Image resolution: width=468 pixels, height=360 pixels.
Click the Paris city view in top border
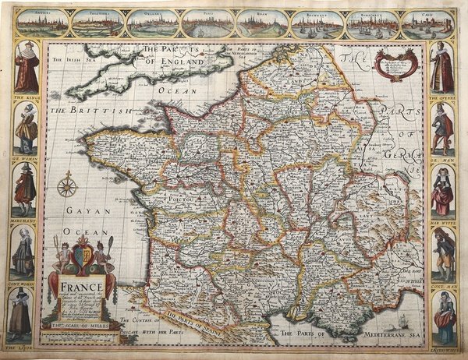207,23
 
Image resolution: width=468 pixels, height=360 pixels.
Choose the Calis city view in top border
427,23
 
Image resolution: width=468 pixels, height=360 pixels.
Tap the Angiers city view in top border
41,23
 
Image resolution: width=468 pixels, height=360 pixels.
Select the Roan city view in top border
262,23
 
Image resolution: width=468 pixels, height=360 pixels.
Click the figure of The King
26,68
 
